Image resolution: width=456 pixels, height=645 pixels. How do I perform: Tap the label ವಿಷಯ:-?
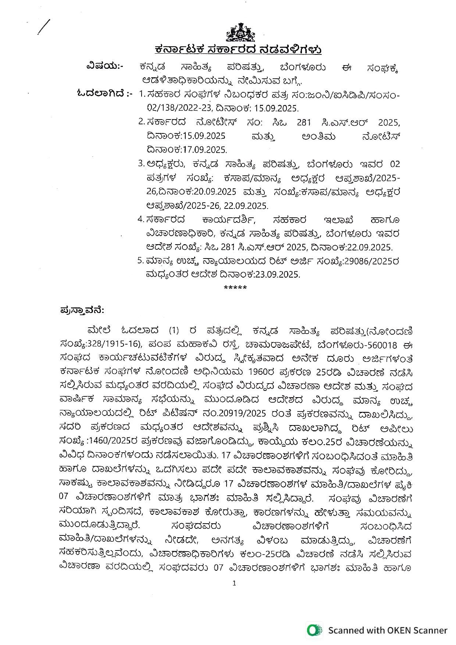point(104,66)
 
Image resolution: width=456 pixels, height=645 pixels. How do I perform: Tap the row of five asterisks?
point(235,288)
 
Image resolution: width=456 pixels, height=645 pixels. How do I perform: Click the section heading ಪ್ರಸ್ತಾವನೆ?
point(82,311)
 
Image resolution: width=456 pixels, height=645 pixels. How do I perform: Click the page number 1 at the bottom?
point(235,583)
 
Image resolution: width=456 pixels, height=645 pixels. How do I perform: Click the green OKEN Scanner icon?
point(314,631)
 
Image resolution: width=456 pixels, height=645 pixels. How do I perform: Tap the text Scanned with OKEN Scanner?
point(388,631)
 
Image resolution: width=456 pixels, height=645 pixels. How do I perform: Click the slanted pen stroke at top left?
point(44,27)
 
